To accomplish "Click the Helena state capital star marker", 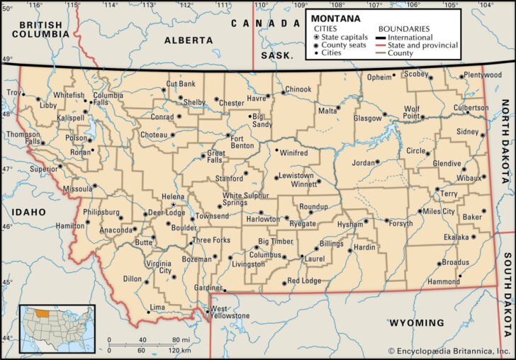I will pyautogui.click(x=174, y=205).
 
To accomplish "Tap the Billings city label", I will pyautogui.click(x=332, y=243).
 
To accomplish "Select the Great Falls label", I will pyautogui.click(x=215, y=157).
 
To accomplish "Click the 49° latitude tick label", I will pyautogui.click(x=7, y=60).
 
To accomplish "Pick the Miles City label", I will pyautogui.click(x=438, y=211).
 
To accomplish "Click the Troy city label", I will pyautogui.click(x=13, y=93).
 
